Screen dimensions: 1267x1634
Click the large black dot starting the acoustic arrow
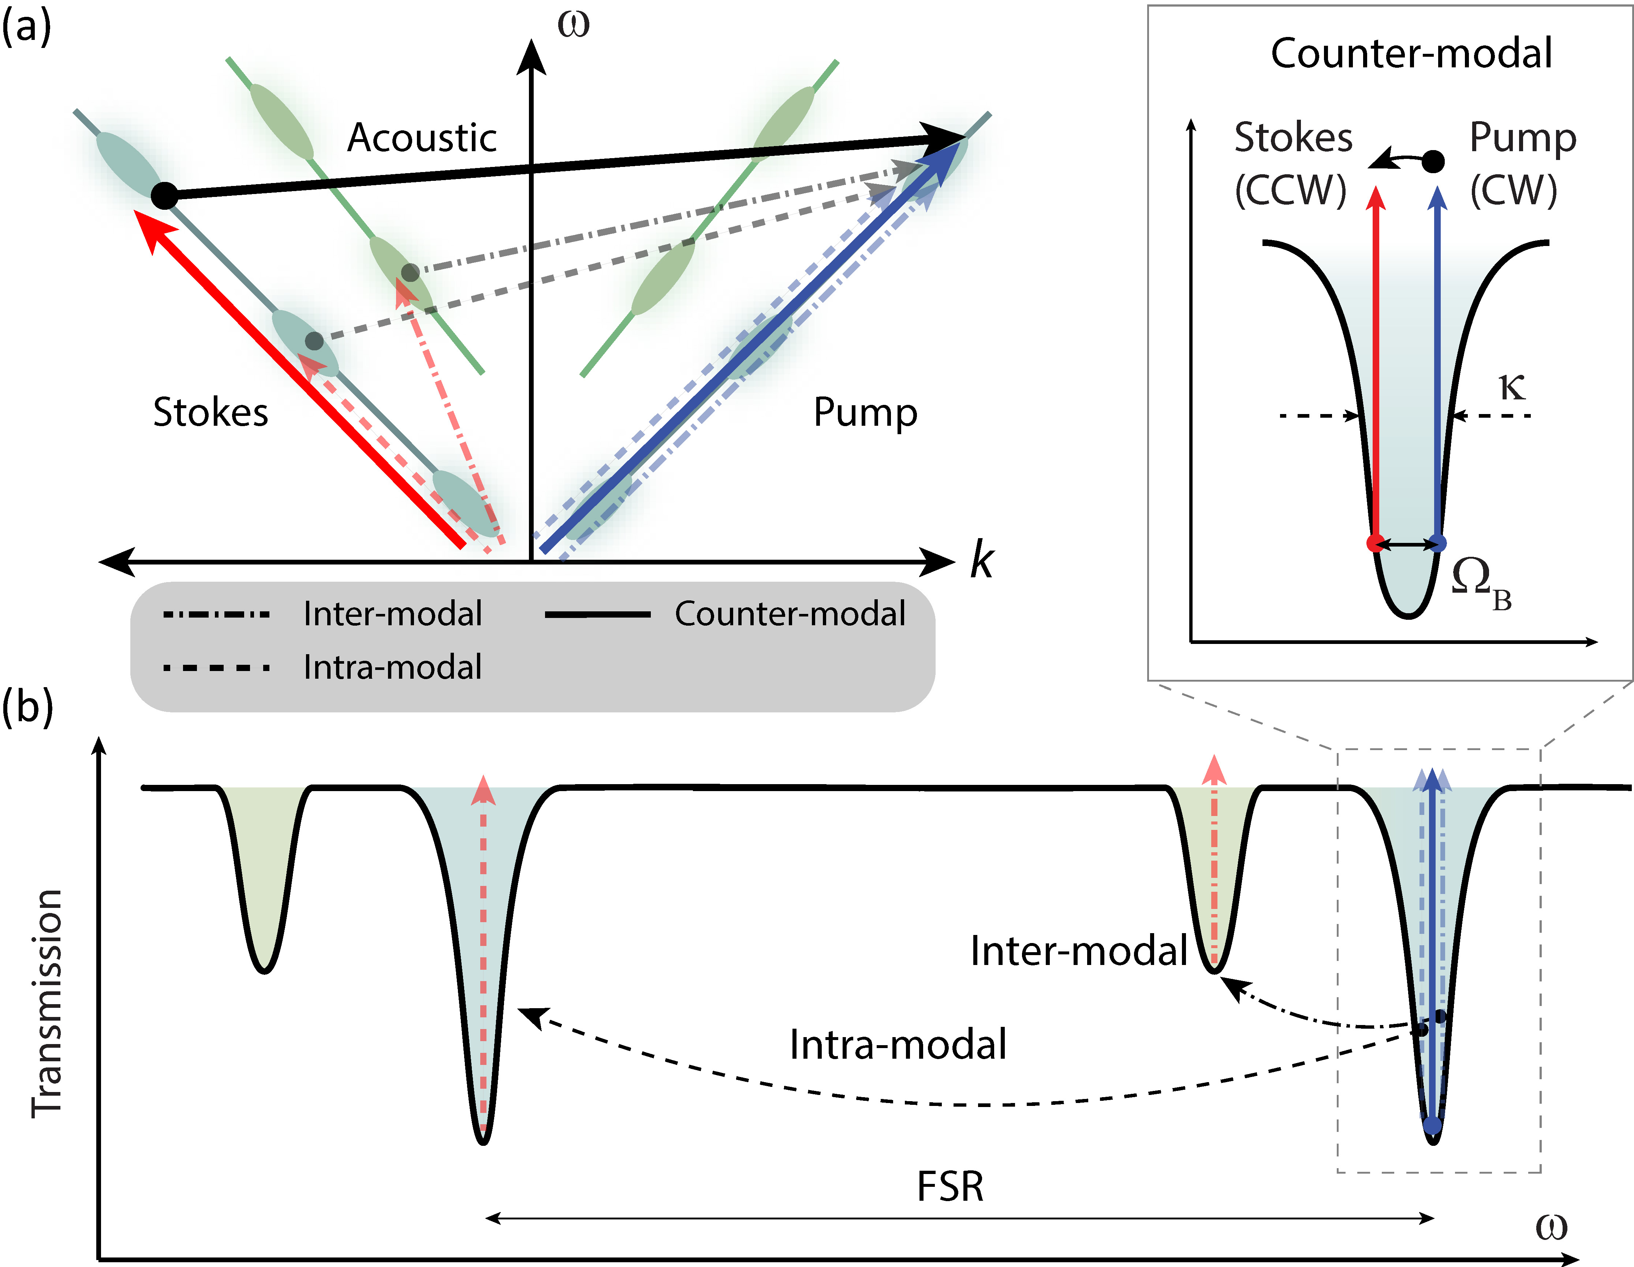pos(165,195)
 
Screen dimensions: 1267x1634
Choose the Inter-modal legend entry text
pos(393,614)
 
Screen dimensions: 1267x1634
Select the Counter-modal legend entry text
pos(790,614)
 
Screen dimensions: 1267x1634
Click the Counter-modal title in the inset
pos(1411,54)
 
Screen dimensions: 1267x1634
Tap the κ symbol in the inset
pos(1512,387)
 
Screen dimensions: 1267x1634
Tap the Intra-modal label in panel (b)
pos(898,1045)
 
